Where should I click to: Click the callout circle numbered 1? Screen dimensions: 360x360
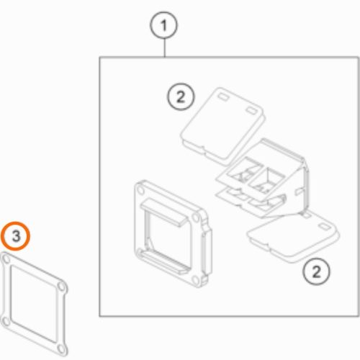point(164,25)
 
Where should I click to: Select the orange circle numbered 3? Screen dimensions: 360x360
point(16,236)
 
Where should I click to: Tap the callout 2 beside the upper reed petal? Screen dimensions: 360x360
point(181,96)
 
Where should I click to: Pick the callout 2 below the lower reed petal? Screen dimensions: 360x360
point(316,271)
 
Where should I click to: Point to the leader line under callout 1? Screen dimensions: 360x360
point(164,48)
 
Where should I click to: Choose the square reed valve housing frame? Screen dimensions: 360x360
point(173,234)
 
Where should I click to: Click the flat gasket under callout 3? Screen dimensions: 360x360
point(34,304)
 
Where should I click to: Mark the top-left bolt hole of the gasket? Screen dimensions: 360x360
point(6,259)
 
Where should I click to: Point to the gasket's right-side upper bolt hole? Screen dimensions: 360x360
point(62,287)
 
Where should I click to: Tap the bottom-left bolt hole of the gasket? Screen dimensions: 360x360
point(5,320)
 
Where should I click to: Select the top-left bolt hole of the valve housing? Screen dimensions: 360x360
point(140,191)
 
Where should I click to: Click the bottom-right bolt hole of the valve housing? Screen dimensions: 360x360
point(197,279)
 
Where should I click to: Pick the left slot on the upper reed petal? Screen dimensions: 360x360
point(222,97)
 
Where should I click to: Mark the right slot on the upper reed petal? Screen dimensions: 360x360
point(251,111)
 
